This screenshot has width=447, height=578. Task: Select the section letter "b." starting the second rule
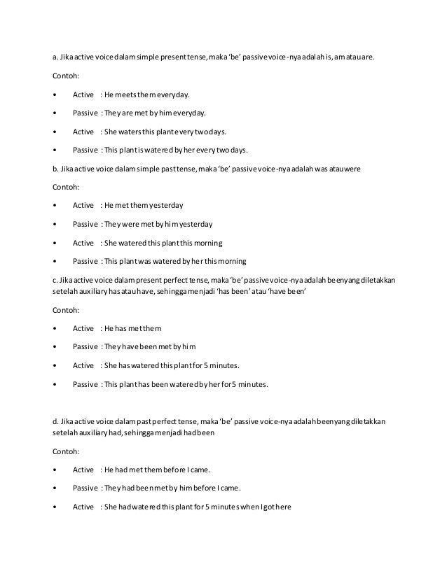(x=56, y=168)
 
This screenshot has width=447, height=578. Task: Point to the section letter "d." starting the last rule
(x=56, y=422)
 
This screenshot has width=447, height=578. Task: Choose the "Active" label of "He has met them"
(x=83, y=327)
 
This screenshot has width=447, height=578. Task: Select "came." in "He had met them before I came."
(x=198, y=470)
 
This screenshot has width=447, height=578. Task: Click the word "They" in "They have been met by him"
(x=112, y=346)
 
